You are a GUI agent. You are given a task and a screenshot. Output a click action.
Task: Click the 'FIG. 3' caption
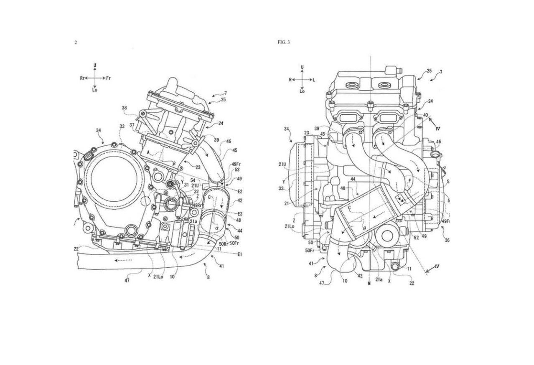(x=283, y=42)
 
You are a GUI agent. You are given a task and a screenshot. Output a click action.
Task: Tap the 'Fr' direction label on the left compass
(x=108, y=78)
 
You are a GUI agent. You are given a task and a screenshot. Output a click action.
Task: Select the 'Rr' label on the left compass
(x=82, y=78)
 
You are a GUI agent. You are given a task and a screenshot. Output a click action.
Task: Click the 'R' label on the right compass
(x=290, y=79)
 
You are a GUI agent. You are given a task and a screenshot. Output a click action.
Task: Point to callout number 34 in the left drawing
(x=99, y=131)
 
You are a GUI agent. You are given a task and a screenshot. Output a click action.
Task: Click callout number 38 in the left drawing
(x=124, y=108)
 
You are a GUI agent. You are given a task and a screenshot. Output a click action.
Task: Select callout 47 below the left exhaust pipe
(x=127, y=281)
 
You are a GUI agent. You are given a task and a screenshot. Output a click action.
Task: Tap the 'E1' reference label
(x=240, y=254)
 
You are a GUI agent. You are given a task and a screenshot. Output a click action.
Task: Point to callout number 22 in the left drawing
(x=76, y=249)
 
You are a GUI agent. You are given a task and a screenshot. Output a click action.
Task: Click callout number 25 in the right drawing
(x=429, y=71)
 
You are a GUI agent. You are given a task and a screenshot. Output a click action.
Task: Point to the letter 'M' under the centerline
(x=369, y=284)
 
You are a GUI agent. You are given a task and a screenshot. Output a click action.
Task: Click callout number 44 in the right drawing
(x=353, y=179)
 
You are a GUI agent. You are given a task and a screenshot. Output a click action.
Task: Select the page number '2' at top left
(x=76, y=42)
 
